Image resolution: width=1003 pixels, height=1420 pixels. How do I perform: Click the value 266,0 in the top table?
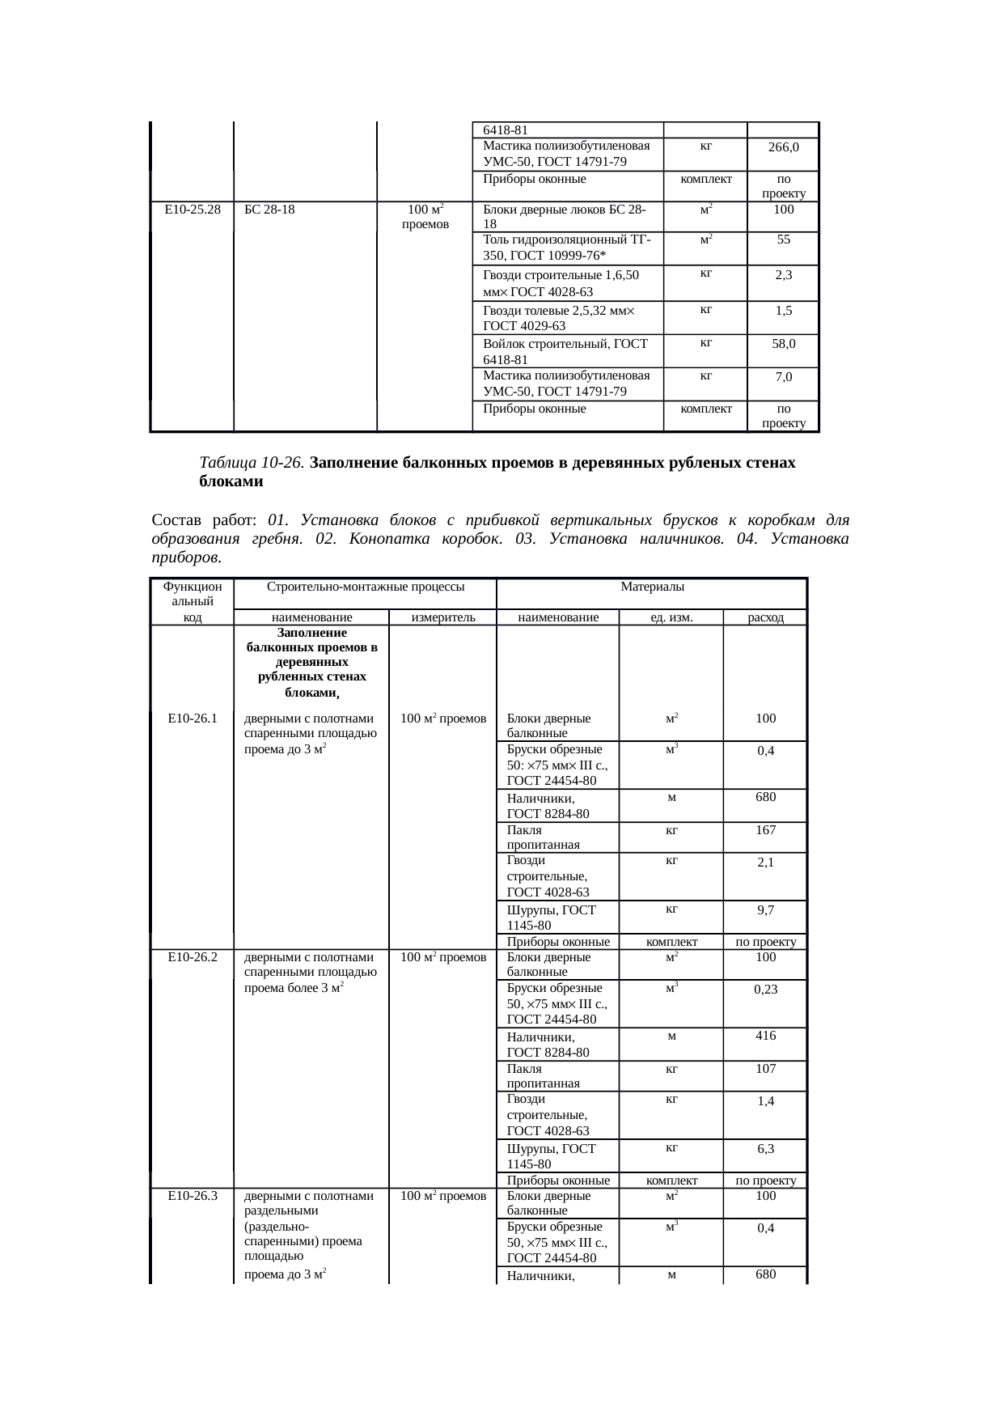click(x=783, y=147)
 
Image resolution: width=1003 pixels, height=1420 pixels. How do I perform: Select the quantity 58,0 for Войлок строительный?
click(x=783, y=344)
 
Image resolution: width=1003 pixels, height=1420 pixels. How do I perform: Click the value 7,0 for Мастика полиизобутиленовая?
click(x=783, y=377)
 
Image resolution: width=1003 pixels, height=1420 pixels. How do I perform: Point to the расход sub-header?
click(x=765, y=617)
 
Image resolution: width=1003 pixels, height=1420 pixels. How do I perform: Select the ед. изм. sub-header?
click(x=671, y=617)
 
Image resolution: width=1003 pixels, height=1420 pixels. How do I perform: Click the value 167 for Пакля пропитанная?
click(x=765, y=830)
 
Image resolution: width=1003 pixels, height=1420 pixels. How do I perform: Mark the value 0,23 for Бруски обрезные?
click(x=765, y=990)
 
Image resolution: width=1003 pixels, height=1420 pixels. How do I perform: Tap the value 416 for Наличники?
click(x=765, y=1036)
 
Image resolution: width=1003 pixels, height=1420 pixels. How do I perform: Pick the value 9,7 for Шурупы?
click(x=765, y=910)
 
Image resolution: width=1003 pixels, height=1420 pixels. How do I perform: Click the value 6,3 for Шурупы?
click(x=765, y=1149)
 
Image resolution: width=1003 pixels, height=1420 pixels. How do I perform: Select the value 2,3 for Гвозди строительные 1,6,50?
click(x=783, y=275)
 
